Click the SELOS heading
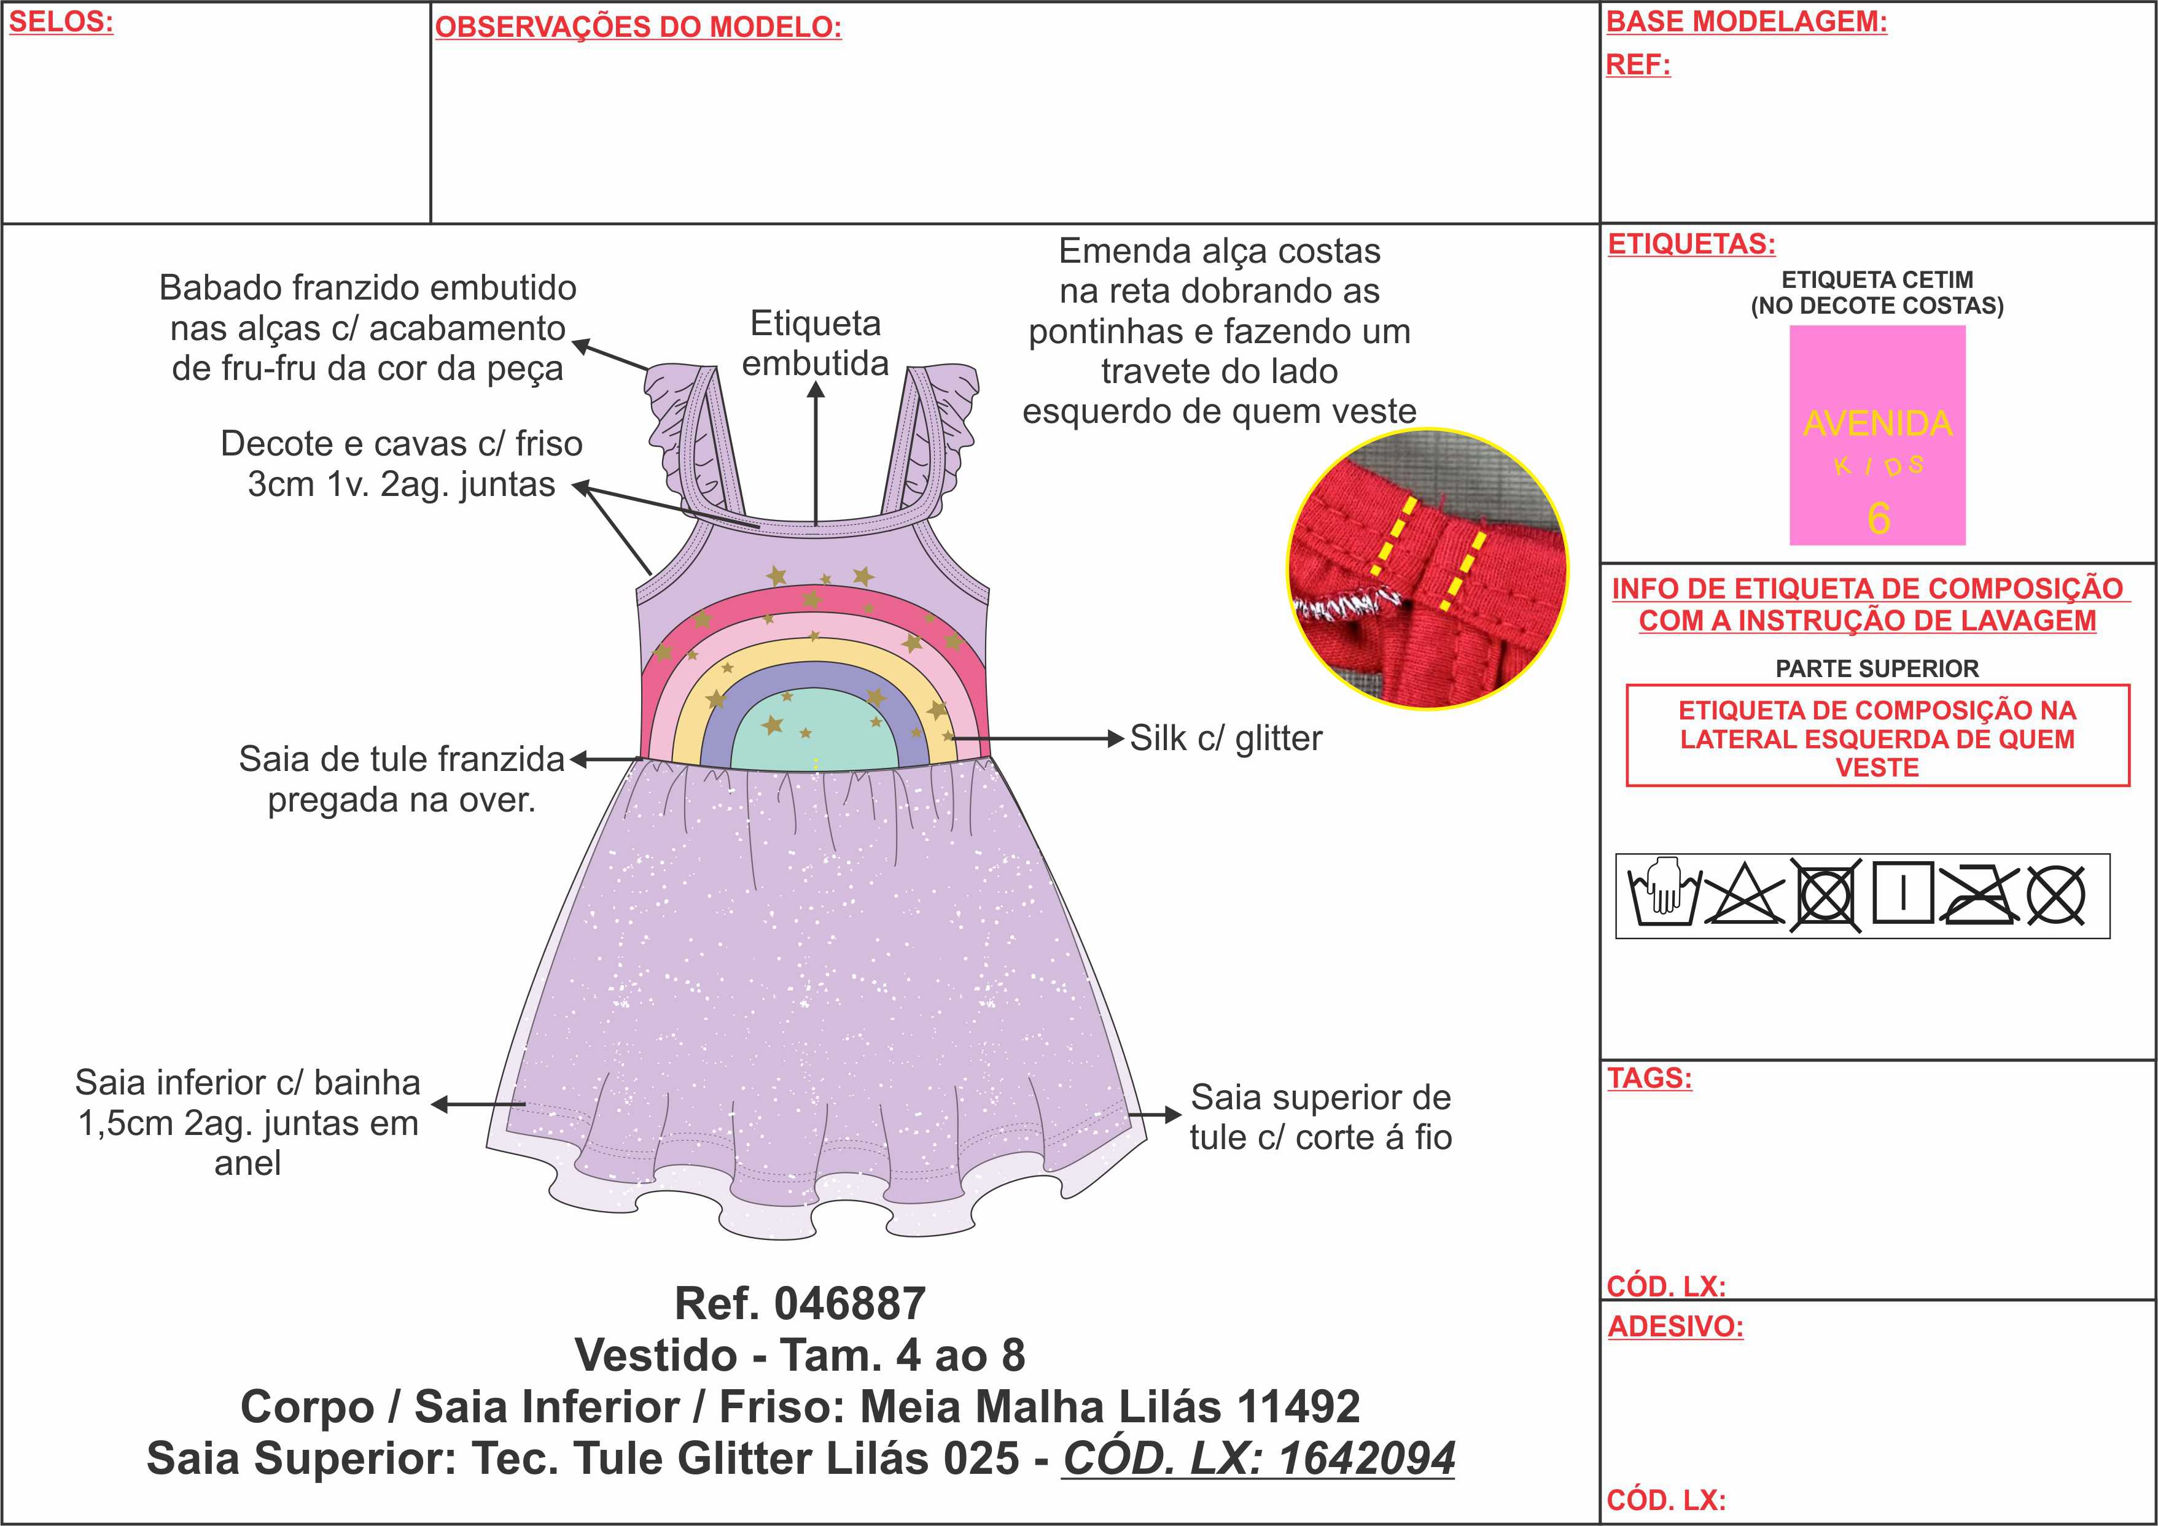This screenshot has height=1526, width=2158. (x=61, y=21)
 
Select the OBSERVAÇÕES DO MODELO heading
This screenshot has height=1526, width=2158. (x=638, y=27)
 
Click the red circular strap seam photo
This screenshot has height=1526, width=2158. (x=1427, y=568)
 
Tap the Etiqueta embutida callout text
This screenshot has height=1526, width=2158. (x=815, y=344)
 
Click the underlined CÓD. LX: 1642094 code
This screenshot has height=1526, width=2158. (x=1258, y=1458)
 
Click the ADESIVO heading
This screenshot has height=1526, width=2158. (x=1675, y=1327)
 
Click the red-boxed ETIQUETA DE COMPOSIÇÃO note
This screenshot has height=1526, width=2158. (x=1877, y=738)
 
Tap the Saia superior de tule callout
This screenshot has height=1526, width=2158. (x=1320, y=1117)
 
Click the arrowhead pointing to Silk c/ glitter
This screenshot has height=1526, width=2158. (x=1116, y=738)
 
